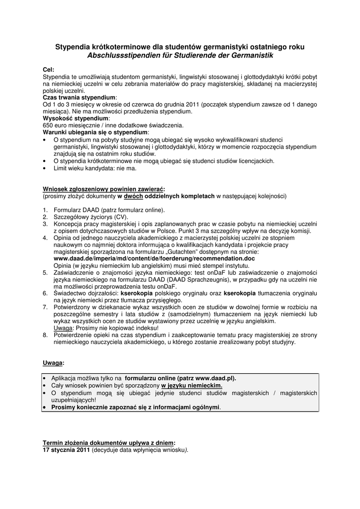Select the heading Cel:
[x=49, y=70]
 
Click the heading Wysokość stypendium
[x=75, y=119]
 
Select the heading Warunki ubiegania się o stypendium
[x=95, y=133]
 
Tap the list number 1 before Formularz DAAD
[x=45, y=210]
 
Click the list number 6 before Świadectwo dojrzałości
[x=45, y=293]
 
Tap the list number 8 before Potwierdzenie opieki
[x=45, y=335]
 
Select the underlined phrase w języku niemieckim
[x=192, y=385]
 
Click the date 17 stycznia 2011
[x=66, y=450]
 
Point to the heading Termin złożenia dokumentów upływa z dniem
[x=109, y=442]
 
